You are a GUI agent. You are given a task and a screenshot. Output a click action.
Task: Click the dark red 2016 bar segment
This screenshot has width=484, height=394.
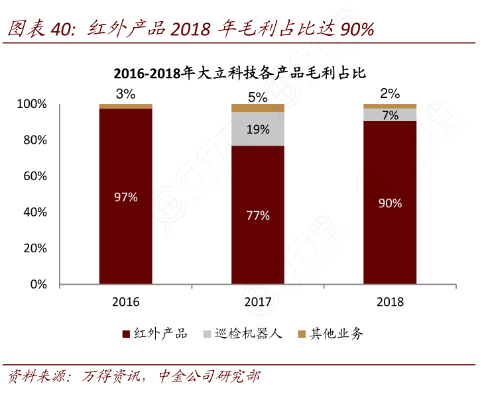[x=125, y=197]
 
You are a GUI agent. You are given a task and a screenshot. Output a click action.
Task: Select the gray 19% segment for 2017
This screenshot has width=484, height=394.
[x=257, y=129]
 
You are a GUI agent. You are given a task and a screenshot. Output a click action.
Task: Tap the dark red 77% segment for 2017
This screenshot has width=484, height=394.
[x=257, y=215]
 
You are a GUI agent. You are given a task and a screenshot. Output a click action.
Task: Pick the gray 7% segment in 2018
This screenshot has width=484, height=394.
[x=390, y=115]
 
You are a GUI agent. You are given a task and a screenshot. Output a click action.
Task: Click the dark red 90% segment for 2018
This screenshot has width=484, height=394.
[x=390, y=203]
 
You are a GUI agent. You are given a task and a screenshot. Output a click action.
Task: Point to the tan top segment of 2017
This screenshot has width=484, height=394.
[x=257, y=108]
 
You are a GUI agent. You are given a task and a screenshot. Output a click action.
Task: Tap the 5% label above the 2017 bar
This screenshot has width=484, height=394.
[x=257, y=97]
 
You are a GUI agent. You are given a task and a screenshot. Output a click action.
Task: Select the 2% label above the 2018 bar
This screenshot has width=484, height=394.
[x=390, y=93]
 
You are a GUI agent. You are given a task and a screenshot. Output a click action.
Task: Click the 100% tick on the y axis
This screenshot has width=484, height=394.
[x=32, y=104]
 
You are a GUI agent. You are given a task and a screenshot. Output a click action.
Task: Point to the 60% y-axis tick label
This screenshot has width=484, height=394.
[x=34, y=176]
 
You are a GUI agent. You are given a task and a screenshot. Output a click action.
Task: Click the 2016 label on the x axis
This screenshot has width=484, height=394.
[x=125, y=302]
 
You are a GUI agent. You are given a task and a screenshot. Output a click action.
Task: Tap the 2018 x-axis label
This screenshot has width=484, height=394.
[x=390, y=302]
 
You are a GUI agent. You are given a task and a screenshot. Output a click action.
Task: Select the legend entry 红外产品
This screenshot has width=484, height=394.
[x=156, y=334]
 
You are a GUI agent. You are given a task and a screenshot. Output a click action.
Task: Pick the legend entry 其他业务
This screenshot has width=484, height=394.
[x=330, y=334]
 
